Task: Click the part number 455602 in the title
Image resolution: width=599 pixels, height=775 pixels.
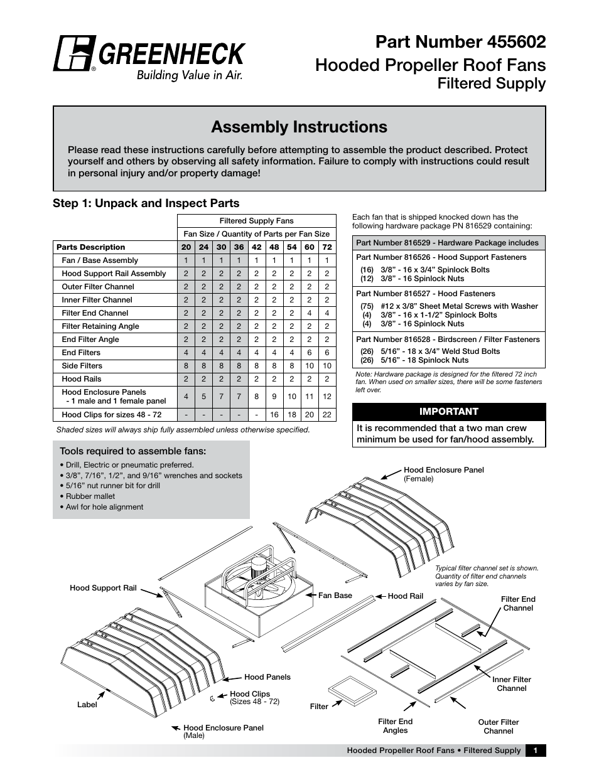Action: click(x=516, y=42)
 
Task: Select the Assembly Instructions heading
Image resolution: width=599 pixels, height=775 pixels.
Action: click(x=299, y=127)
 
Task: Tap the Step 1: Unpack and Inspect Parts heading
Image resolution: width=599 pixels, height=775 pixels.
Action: click(x=146, y=203)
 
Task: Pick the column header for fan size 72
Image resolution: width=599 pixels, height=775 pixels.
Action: click(x=326, y=247)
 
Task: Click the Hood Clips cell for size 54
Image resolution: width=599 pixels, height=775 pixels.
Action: click(x=291, y=415)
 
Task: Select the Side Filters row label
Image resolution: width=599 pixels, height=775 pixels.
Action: click(x=82, y=366)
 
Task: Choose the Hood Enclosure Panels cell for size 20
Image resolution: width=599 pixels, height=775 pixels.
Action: click(x=186, y=397)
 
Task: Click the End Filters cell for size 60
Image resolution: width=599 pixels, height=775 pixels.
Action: click(x=309, y=353)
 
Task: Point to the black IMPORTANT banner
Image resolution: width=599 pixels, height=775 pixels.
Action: click(x=448, y=412)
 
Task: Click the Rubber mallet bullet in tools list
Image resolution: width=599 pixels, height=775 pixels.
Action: click(x=90, y=496)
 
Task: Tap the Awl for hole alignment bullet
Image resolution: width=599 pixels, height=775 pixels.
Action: click(x=104, y=507)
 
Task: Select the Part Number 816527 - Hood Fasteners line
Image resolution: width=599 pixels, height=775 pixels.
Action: click(x=425, y=294)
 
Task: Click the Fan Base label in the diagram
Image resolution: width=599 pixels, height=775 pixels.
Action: click(x=335, y=596)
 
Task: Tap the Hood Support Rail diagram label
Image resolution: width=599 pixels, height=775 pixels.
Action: click(x=103, y=588)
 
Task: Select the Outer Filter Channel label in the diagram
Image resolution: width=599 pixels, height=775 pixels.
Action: click(x=498, y=727)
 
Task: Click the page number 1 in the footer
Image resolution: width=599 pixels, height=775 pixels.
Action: click(x=536, y=751)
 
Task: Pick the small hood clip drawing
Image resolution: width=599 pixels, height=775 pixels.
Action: click(x=213, y=697)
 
